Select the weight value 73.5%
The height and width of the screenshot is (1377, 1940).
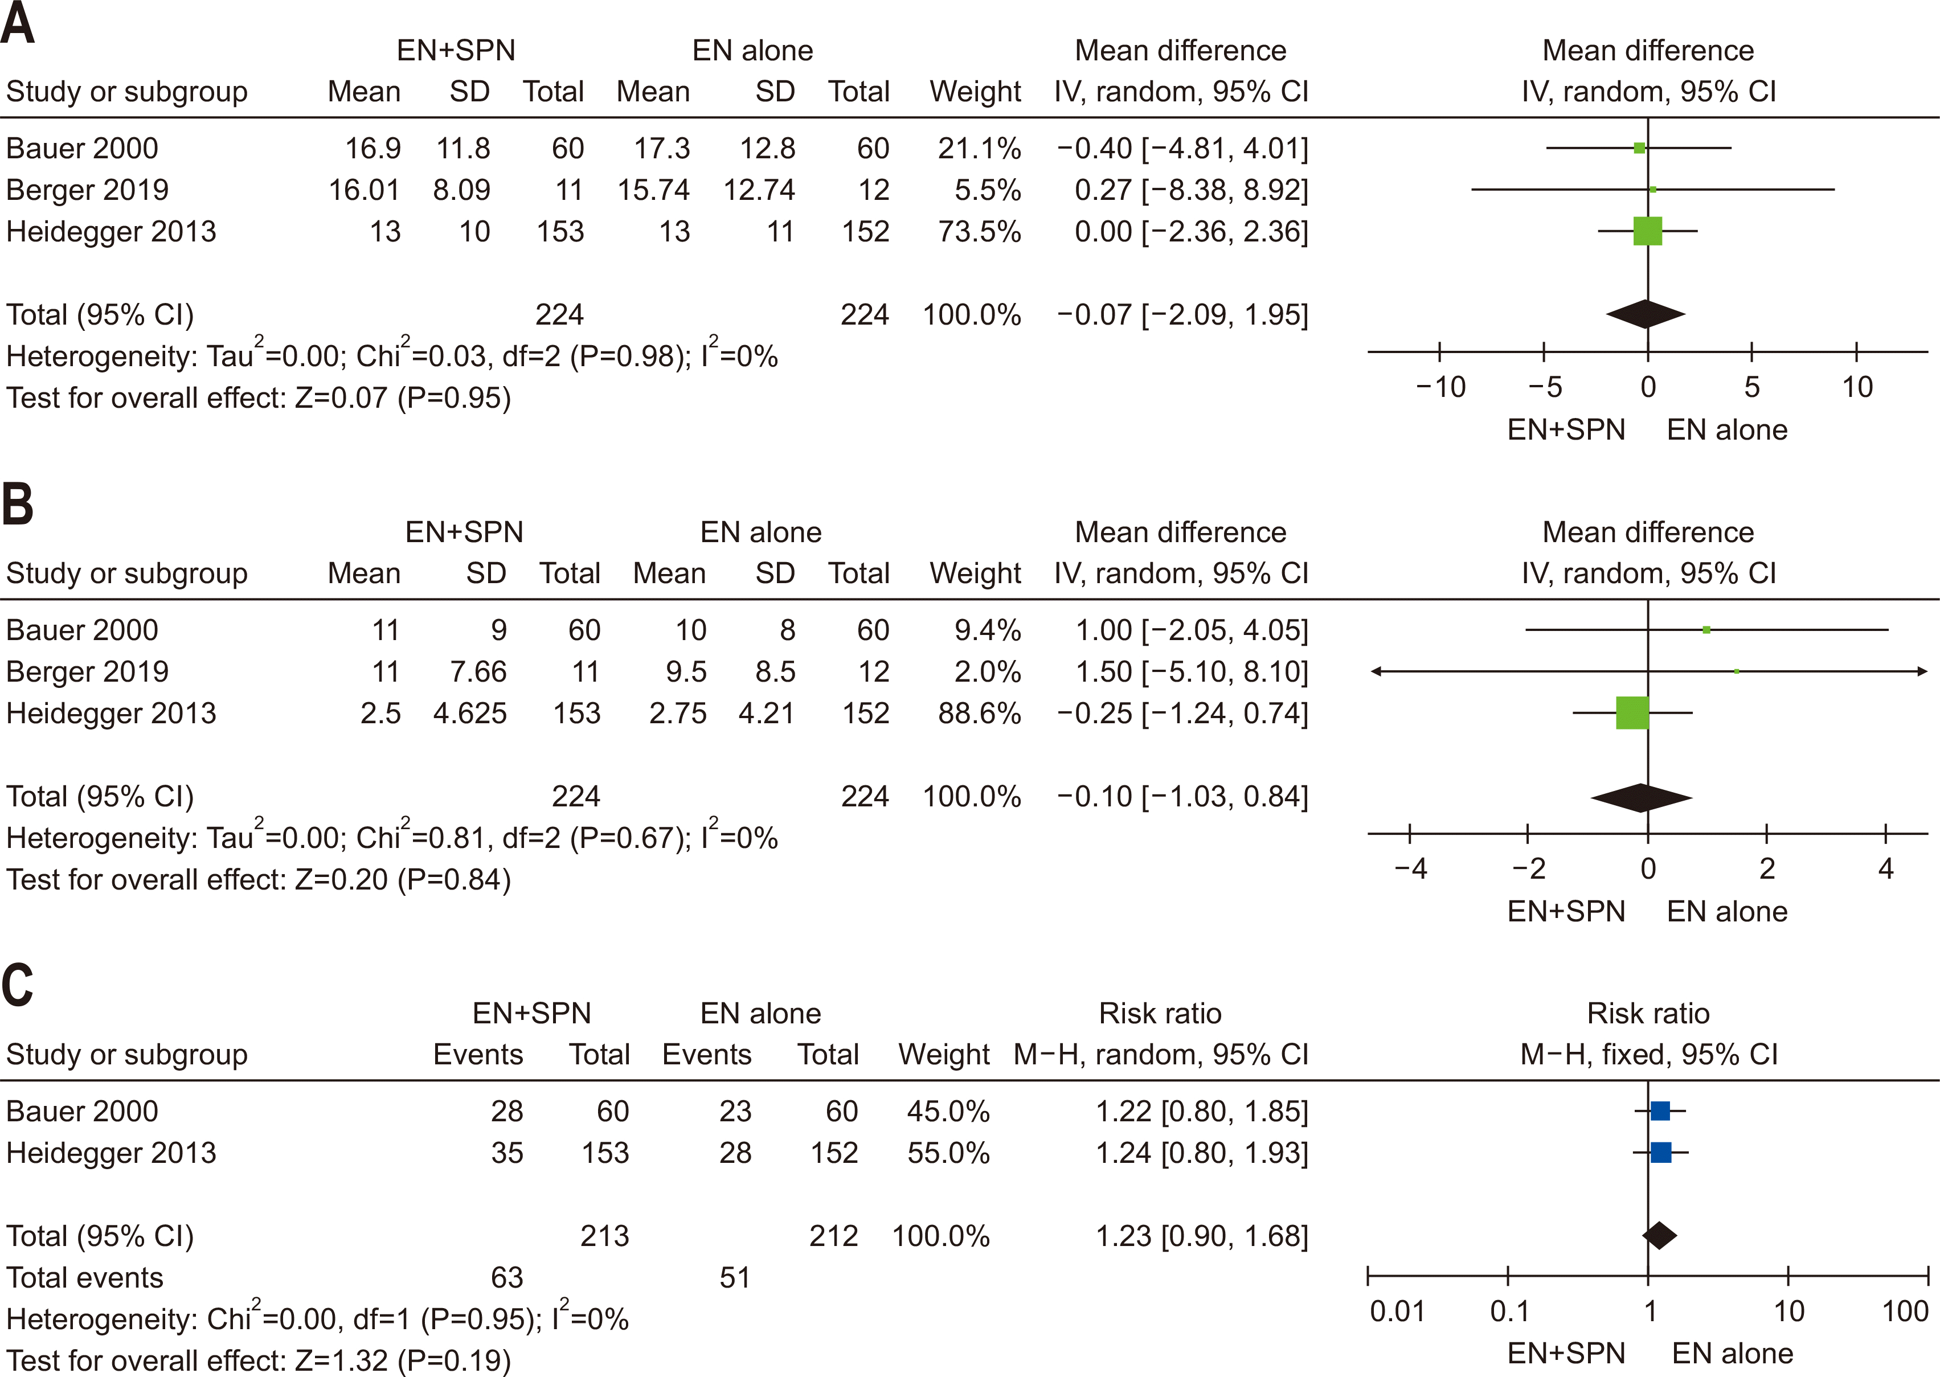[x=979, y=231]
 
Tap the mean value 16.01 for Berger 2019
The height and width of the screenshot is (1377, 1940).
[x=364, y=190]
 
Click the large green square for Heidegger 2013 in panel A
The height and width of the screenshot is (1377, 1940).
[x=1647, y=231]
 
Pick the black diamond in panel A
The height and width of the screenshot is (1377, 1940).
[x=1645, y=314]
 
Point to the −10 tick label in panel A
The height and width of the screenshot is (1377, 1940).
[x=1440, y=387]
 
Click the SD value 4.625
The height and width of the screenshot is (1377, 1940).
[x=470, y=713]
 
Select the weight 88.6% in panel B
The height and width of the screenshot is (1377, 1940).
[x=979, y=713]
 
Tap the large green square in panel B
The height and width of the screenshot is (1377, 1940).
[x=1632, y=712]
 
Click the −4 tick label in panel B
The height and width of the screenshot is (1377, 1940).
[x=1410, y=869]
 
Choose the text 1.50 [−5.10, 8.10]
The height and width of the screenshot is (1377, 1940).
[x=1192, y=671]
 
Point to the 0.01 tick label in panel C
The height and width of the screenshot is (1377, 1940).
[x=1397, y=1312]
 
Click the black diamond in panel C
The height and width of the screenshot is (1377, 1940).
[x=1659, y=1235]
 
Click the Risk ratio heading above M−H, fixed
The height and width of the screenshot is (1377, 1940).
[x=1647, y=1013]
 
